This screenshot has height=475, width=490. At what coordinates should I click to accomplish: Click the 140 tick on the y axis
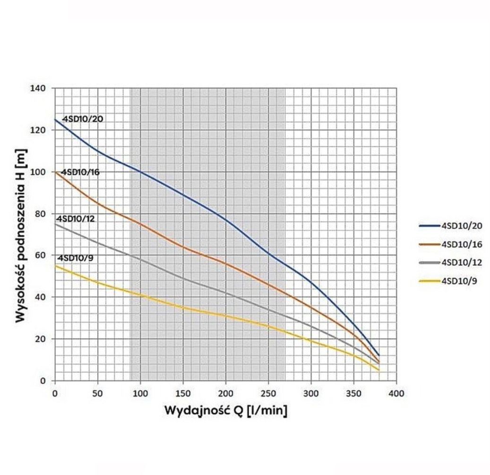click(x=40, y=88)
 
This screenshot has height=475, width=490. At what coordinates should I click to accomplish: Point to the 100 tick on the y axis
click(x=40, y=172)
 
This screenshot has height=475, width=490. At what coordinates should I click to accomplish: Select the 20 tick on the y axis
click(x=42, y=339)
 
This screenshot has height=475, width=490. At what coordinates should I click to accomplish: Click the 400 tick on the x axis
click(x=396, y=393)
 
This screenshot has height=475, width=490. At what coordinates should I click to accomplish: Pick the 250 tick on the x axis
click(x=268, y=393)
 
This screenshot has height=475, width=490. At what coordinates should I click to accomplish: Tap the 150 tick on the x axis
click(x=183, y=393)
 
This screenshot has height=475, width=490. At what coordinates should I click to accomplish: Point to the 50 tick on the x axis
click(x=97, y=393)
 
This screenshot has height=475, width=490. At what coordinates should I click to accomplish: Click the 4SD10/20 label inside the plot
click(x=83, y=119)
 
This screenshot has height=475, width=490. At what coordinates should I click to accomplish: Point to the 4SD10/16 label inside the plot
click(x=80, y=172)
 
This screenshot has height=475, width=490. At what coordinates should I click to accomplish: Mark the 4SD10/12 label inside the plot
click(x=76, y=219)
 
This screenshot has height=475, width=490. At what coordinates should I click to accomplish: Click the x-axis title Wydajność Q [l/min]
click(x=225, y=410)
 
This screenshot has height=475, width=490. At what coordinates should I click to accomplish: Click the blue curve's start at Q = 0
click(x=55, y=119)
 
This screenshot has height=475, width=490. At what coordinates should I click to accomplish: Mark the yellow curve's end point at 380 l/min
click(x=379, y=371)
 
